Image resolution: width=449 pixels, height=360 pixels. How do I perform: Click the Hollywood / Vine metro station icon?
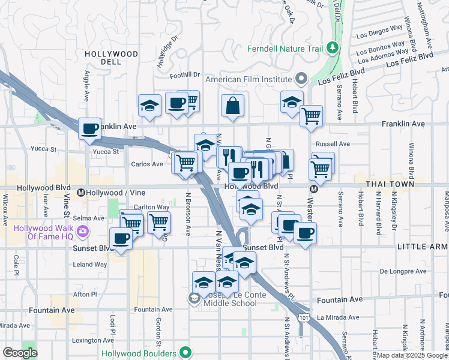click(81, 193)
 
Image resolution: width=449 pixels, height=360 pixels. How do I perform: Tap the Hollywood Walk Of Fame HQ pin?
click(83, 231)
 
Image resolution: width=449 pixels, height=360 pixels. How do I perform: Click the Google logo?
click(20, 353)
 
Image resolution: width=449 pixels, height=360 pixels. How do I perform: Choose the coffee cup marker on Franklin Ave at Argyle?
click(90, 128)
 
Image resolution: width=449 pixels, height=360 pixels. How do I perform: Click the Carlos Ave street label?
click(147, 164)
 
